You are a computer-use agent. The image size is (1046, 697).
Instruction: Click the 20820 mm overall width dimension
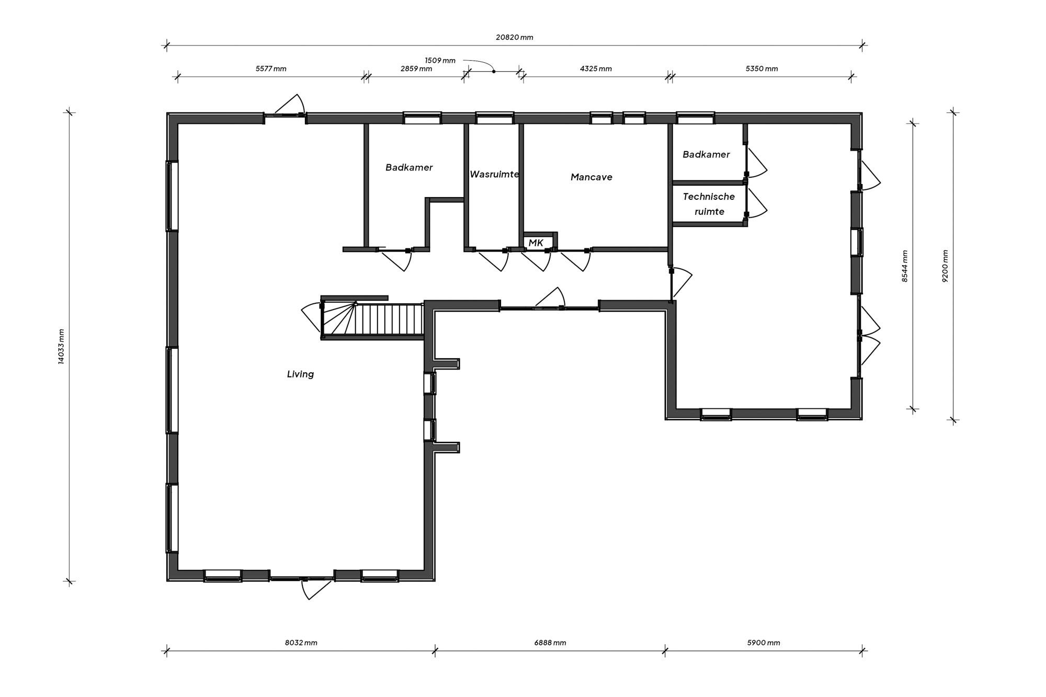(x=514, y=38)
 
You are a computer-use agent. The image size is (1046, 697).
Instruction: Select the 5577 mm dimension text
(x=271, y=69)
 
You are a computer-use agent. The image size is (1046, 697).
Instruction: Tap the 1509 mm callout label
(x=440, y=61)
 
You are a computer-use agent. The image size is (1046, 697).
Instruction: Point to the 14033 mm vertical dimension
(x=61, y=347)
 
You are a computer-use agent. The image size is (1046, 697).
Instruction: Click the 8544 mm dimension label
(x=905, y=266)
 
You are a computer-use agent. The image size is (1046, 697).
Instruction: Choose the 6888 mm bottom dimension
(x=550, y=643)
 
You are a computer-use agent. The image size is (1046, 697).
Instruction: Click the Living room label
(x=300, y=374)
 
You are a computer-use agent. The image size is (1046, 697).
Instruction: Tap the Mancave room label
(x=592, y=177)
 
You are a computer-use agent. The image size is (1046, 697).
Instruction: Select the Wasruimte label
(x=494, y=174)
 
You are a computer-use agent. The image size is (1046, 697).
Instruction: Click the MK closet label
(x=536, y=243)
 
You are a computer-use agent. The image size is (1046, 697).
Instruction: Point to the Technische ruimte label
(x=709, y=204)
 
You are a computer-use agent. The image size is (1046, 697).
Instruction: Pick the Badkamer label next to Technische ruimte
(x=706, y=155)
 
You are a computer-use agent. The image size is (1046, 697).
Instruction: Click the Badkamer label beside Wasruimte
(x=409, y=168)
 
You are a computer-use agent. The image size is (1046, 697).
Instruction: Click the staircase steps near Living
(x=387, y=319)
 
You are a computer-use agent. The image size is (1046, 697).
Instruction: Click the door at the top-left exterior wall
(x=288, y=106)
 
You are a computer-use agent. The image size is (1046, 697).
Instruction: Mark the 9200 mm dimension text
(x=945, y=266)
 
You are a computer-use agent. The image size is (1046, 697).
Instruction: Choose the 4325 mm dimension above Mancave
(x=596, y=69)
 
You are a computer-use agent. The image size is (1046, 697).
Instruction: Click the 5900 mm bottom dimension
(x=764, y=643)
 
